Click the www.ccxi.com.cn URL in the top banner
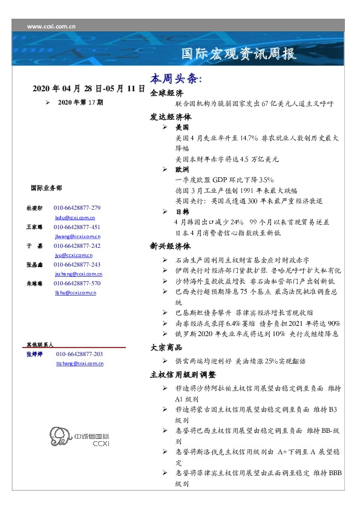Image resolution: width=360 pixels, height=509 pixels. coord(51,27)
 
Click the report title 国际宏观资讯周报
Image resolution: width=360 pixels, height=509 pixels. coord(239,54)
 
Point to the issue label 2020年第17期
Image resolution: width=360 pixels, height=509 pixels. coord(80,103)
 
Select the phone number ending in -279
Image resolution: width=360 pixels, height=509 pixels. coord(77,207)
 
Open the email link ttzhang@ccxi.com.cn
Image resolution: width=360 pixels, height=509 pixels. coord(79,363)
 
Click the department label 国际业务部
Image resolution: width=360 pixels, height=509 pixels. coord(45,187)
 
